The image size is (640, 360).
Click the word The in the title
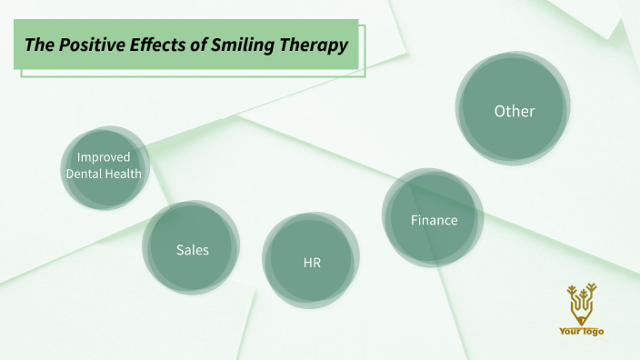coord(42,45)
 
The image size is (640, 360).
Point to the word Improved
coord(104,157)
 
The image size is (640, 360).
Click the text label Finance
coord(434,220)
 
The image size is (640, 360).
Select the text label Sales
coord(192,249)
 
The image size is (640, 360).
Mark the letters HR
coord(312,263)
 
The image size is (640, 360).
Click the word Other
coord(514,111)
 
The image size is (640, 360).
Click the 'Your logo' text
coord(581,332)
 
